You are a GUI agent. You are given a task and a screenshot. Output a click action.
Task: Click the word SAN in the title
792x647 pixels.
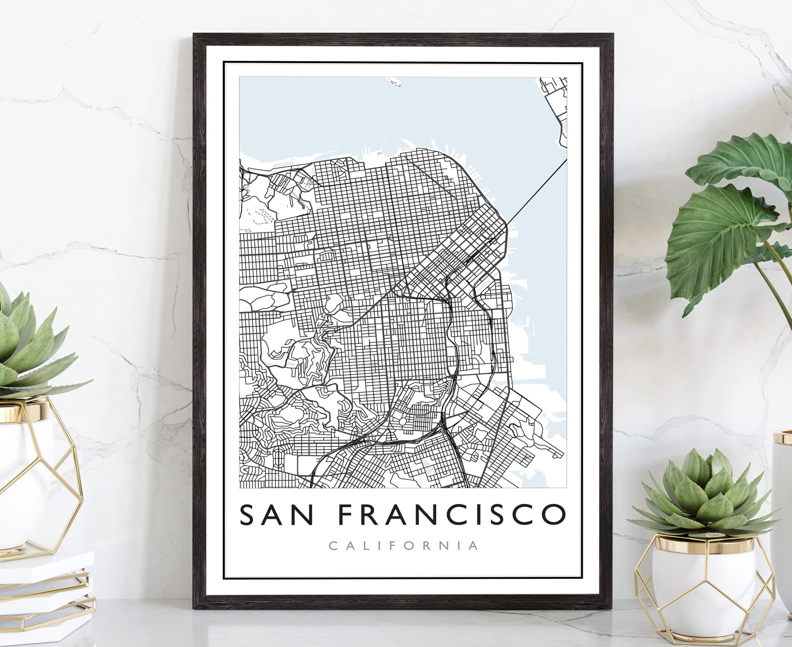click(x=276, y=515)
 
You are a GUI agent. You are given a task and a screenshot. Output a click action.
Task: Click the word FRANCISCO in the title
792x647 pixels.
click(x=452, y=515)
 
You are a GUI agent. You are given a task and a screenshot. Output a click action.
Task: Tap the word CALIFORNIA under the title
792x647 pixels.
click(x=403, y=546)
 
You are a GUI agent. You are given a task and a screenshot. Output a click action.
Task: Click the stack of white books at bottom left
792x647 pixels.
click(x=45, y=593)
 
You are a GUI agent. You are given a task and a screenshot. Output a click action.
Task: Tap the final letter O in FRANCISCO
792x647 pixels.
click(x=552, y=515)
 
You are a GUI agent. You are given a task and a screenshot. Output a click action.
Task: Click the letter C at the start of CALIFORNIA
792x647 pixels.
click(x=333, y=546)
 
